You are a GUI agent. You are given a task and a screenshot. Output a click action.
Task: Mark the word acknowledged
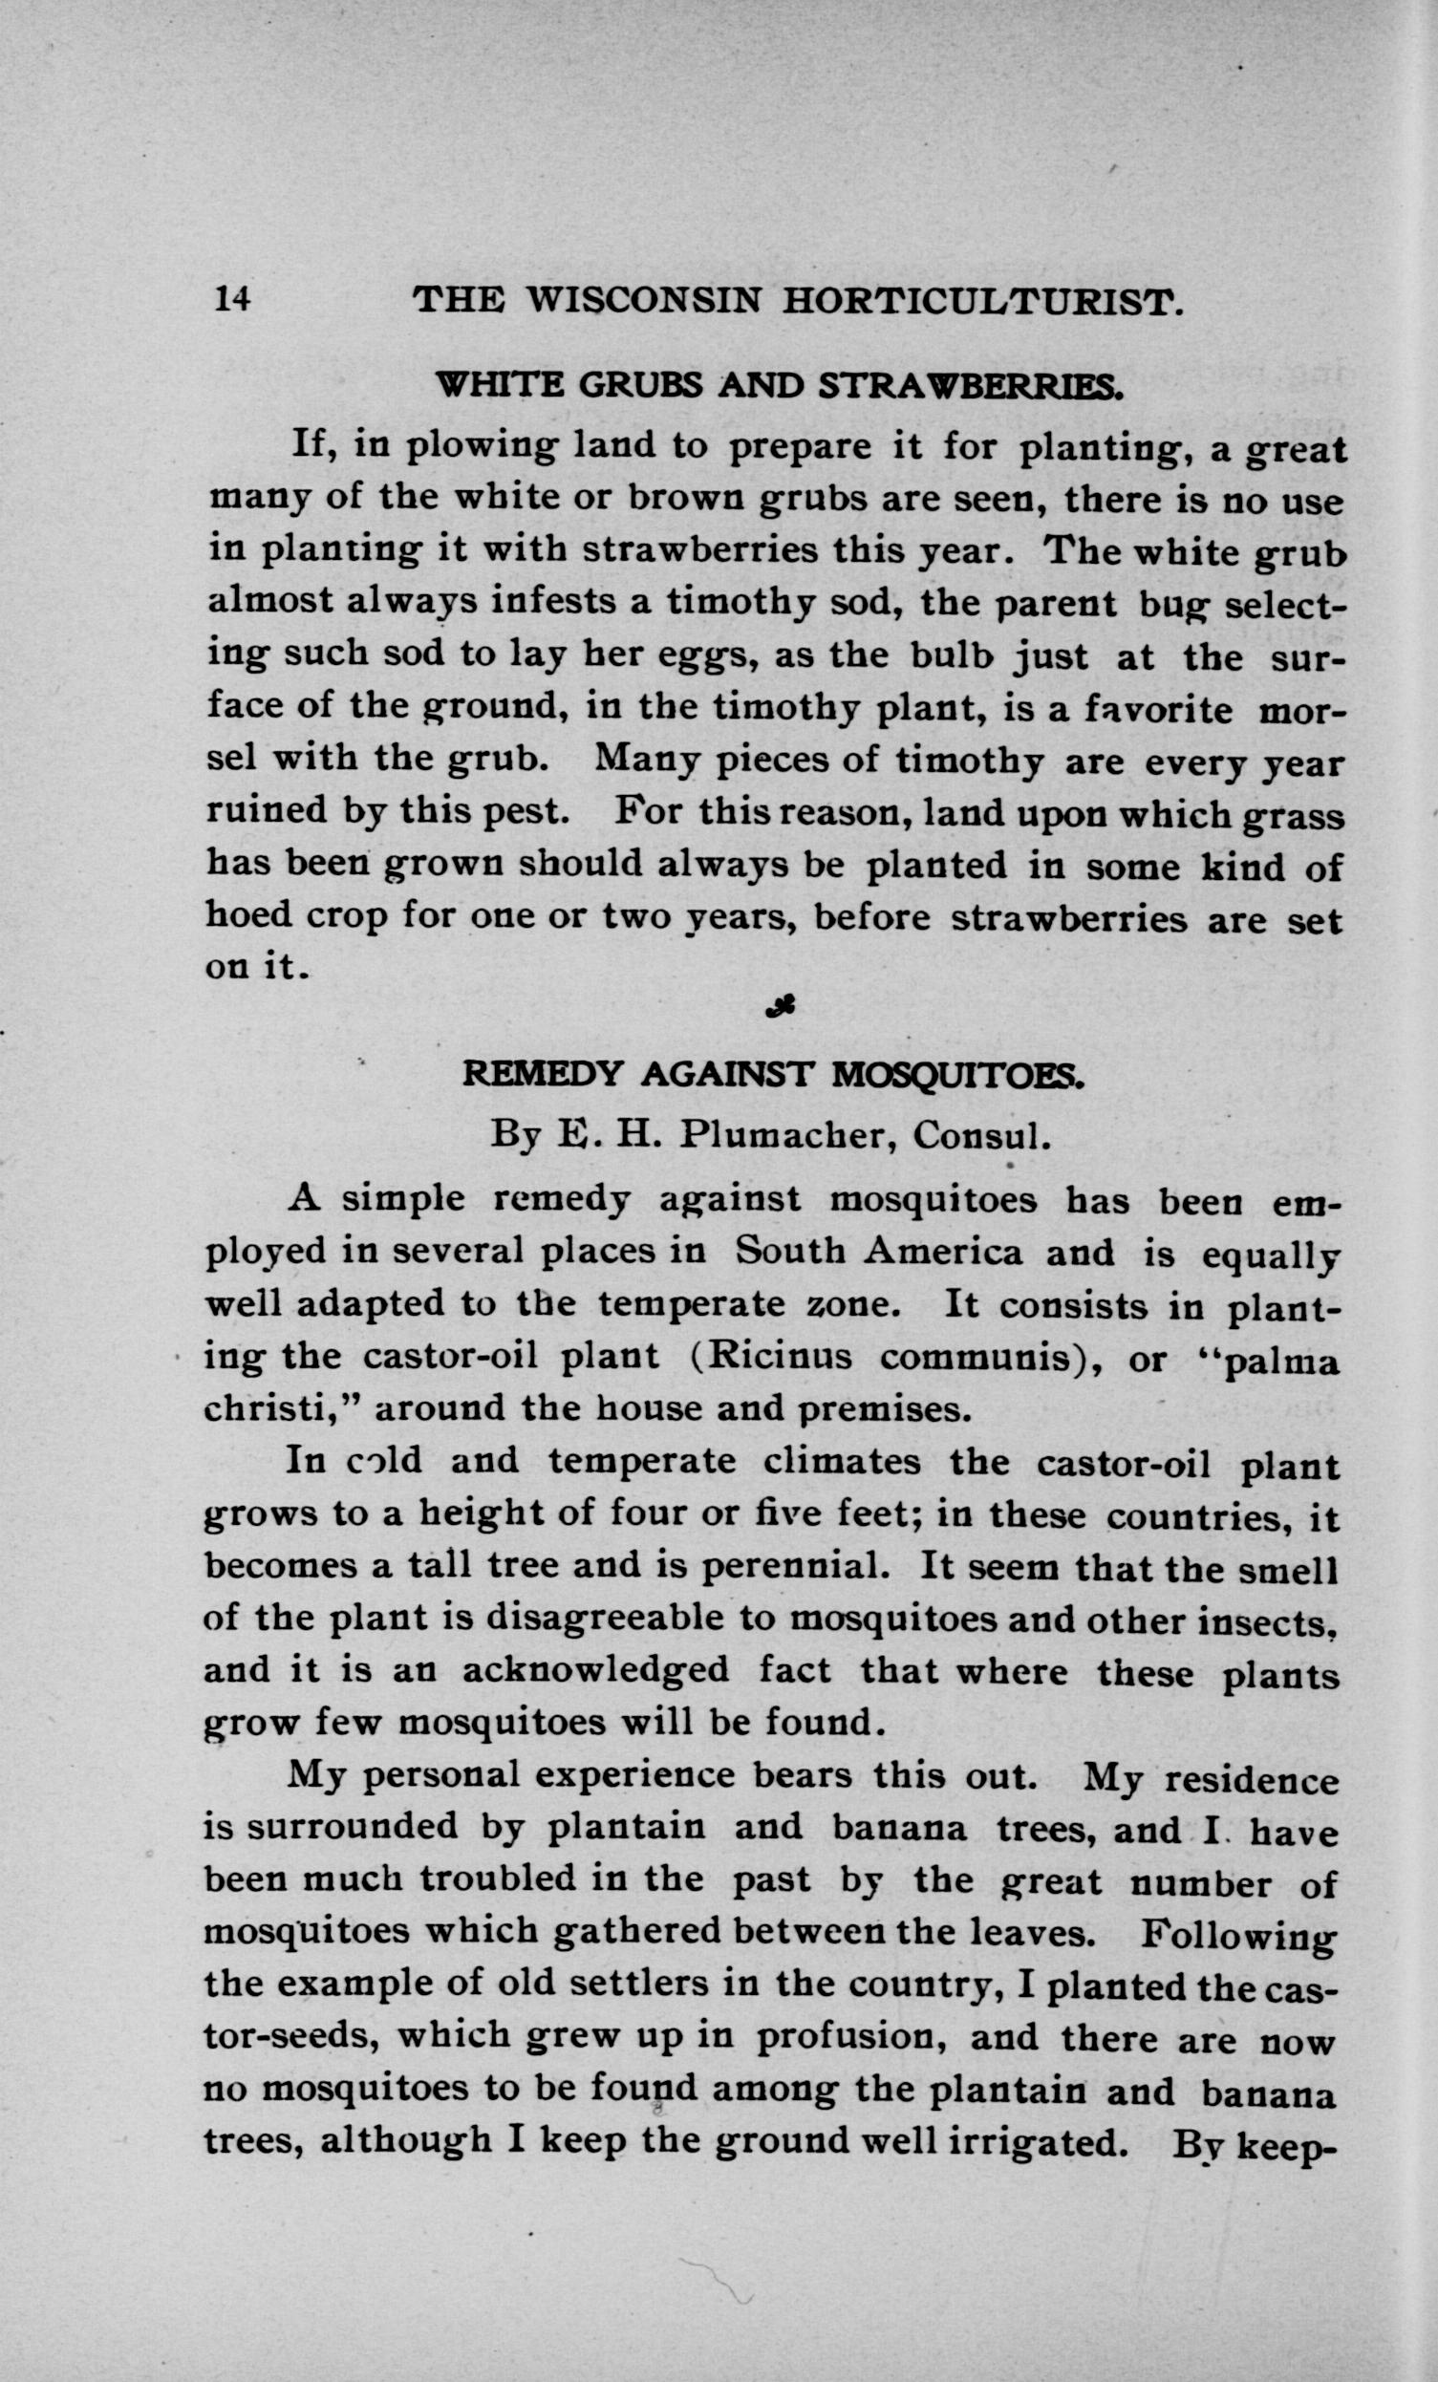click(596, 1670)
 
